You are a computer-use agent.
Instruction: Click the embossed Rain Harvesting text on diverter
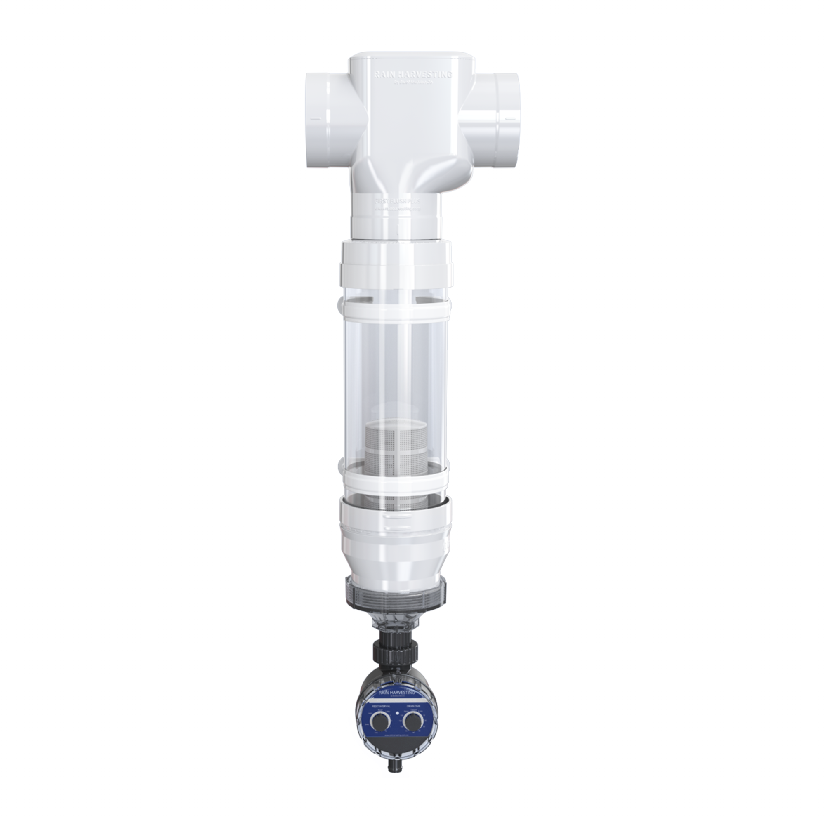coord(412,74)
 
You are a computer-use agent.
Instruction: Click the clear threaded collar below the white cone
coord(396,592)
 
